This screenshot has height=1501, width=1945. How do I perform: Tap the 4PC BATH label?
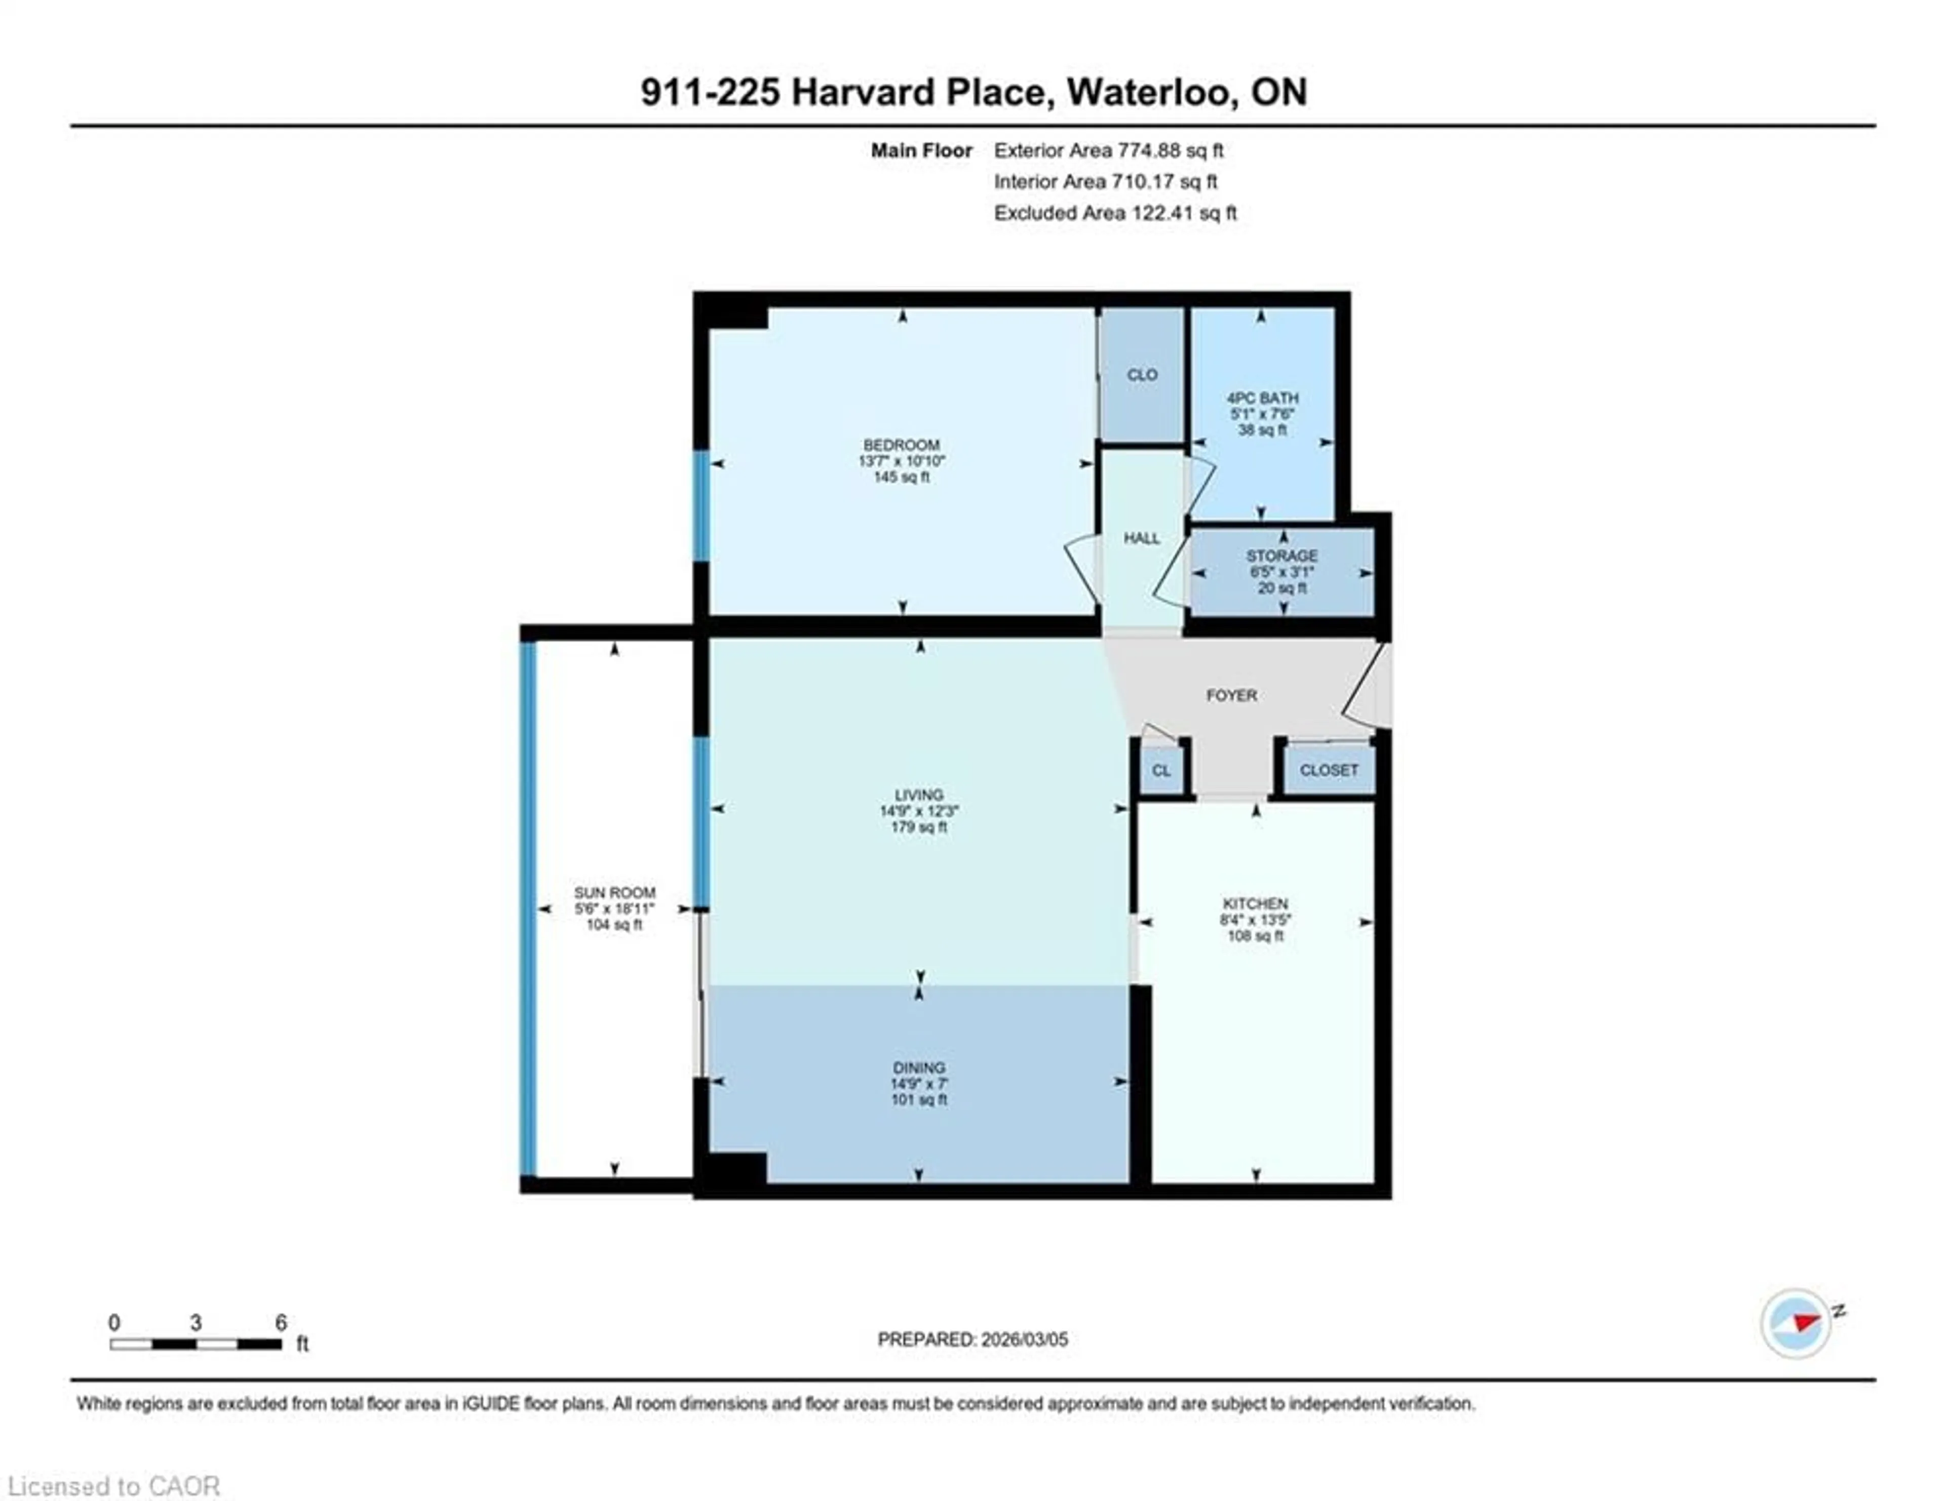[1262, 398]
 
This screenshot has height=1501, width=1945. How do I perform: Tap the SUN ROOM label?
[614, 892]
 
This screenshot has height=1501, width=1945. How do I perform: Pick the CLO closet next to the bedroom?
[1142, 375]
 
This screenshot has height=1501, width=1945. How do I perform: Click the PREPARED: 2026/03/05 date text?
[972, 1339]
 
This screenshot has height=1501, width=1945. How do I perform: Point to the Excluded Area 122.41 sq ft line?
[1115, 213]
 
